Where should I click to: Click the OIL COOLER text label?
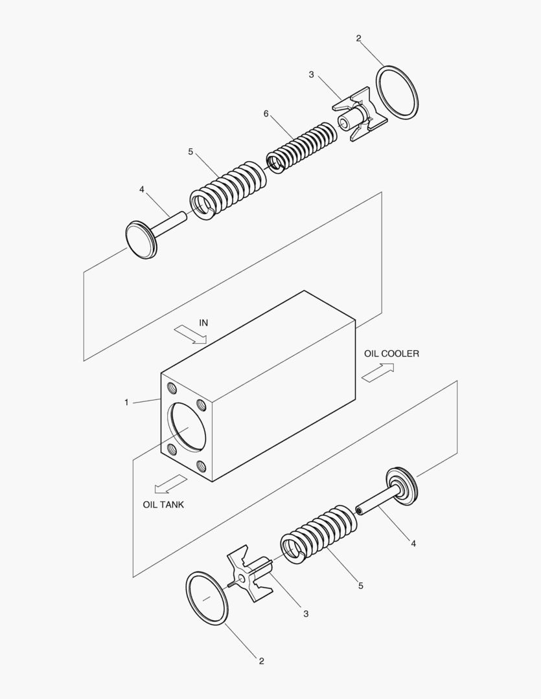pyautogui.click(x=391, y=353)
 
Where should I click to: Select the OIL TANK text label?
pyautogui.click(x=163, y=504)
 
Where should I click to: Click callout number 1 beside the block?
pyautogui.click(x=127, y=403)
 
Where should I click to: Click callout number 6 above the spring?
pyautogui.click(x=266, y=114)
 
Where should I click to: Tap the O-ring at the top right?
pyautogui.click(x=397, y=92)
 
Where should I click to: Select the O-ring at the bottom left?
pyautogui.click(x=207, y=598)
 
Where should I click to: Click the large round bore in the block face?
pyautogui.click(x=188, y=427)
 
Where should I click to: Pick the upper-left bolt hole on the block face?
pyautogui.click(x=172, y=388)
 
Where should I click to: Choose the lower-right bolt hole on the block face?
pyautogui.click(x=201, y=465)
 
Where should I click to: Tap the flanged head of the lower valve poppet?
pyautogui.click(x=402, y=485)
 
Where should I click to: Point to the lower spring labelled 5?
pyautogui.click(x=316, y=531)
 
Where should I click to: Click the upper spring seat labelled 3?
pyautogui.click(x=359, y=118)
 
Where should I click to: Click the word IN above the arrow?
pyautogui.click(x=203, y=322)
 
